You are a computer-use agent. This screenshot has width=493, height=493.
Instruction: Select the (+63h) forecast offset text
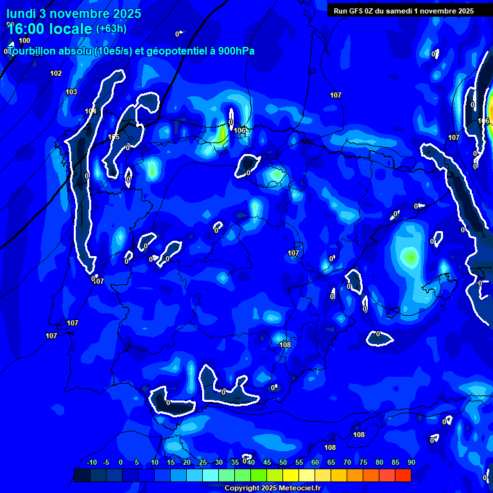click(x=111, y=28)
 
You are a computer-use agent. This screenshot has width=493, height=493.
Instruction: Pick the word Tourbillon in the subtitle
click(x=32, y=51)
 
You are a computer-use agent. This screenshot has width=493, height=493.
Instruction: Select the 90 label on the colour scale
click(x=411, y=463)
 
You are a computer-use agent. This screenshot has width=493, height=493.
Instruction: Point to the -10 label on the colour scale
click(x=91, y=463)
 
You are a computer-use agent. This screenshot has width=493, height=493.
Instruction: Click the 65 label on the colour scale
click(x=331, y=463)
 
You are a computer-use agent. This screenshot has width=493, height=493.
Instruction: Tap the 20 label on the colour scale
click(x=186, y=463)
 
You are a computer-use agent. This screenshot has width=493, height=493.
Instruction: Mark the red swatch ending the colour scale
click(x=402, y=475)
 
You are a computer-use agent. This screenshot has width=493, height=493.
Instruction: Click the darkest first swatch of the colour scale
click(x=82, y=475)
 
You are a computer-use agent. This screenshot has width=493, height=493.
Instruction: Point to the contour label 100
click(x=24, y=40)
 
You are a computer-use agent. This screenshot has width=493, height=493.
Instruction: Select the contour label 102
click(x=56, y=73)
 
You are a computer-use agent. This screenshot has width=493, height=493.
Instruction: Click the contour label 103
click(x=71, y=92)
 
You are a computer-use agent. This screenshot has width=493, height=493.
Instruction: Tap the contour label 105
click(x=114, y=137)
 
